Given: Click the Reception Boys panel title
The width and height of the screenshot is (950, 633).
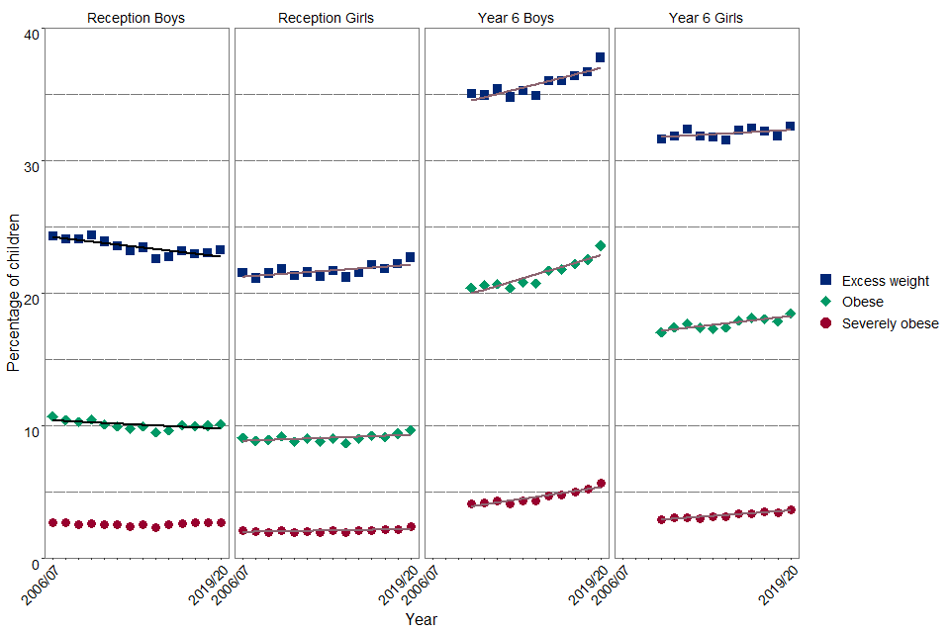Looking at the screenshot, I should pyautogui.click(x=136, y=18).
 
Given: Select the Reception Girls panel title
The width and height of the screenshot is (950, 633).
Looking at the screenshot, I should pyautogui.click(x=327, y=18).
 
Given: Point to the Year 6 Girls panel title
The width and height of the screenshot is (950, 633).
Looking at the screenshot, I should pyautogui.click(x=706, y=18).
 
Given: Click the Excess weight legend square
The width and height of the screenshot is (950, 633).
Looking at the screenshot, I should pyautogui.click(x=826, y=281).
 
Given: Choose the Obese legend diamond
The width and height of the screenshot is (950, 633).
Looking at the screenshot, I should pyautogui.click(x=826, y=302).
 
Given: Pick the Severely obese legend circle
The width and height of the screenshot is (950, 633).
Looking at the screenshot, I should pyautogui.click(x=826, y=323).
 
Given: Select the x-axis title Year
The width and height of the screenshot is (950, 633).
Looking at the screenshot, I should pyautogui.click(x=421, y=619).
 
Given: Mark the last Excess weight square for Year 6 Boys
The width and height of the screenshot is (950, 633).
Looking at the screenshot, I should pyautogui.click(x=600, y=57).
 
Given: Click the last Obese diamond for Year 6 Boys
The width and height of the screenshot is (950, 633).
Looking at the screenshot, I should pyautogui.click(x=600, y=245).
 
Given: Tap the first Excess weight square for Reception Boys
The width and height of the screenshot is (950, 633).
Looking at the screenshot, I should pyautogui.click(x=52, y=235).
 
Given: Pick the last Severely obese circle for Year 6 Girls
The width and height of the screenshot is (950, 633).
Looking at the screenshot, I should pyautogui.click(x=790, y=509).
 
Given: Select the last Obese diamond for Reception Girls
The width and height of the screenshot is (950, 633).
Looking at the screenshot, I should pyautogui.click(x=410, y=430).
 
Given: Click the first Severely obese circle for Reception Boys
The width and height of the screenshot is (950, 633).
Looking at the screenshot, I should pyautogui.click(x=52, y=522).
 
